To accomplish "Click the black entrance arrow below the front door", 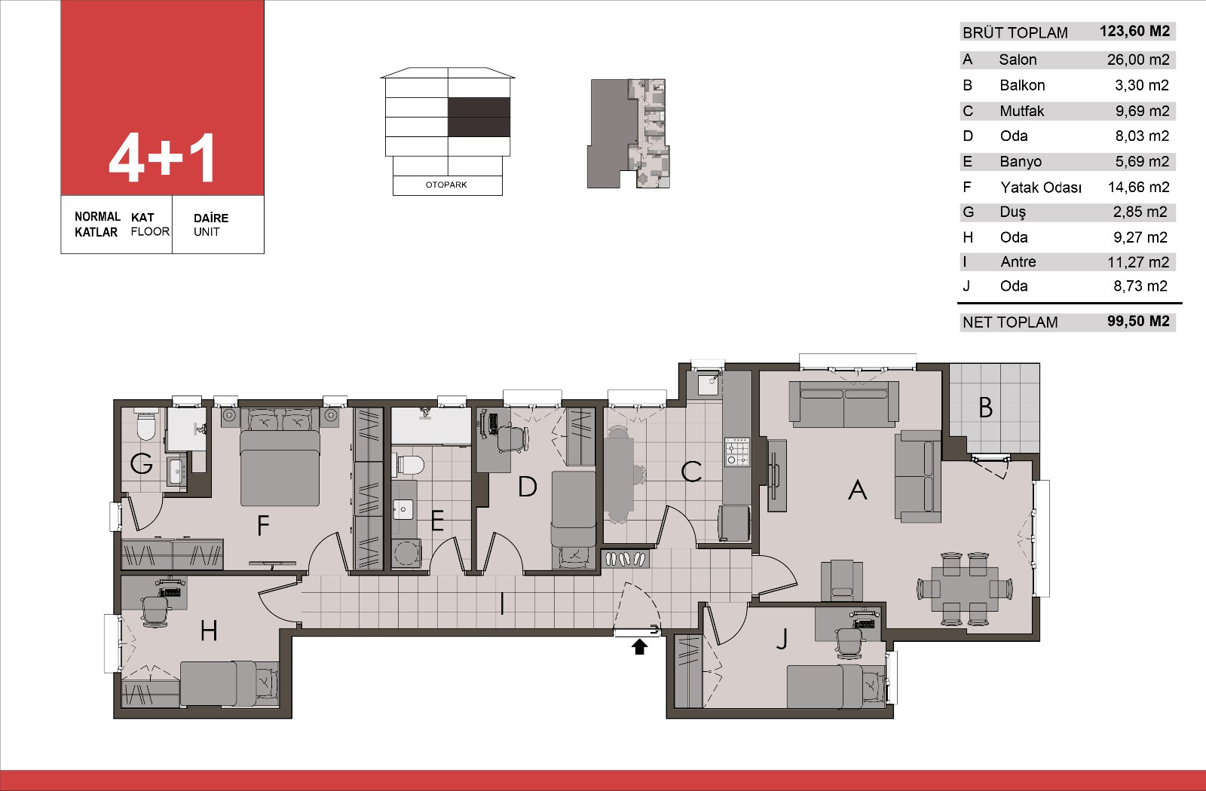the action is [x=639, y=647].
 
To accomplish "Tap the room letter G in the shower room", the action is [x=141, y=463].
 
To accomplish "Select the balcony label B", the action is [x=985, y=408].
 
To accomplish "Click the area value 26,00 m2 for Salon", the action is [x=1138, y=60].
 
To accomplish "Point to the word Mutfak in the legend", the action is [x=1021, y=111].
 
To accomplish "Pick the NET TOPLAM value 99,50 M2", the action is [x=1138, y=321].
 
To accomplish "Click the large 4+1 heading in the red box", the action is [x=161, y=157].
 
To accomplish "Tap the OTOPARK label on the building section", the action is [x=446, y=185].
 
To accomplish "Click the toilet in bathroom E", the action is [x=410, y=465].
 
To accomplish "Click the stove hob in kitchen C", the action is [x=737, y=452].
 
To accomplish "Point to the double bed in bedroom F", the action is [x=280, y=457].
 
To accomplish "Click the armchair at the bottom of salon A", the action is [x=841, y=580].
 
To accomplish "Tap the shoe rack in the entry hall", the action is [x=625, y=559].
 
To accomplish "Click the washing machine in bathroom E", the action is [x=406, y=553].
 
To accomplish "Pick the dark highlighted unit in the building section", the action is [x=479, y=117].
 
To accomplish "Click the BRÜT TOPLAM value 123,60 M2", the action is [x=1135, y=31].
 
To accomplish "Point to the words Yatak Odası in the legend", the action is [x=1041, y=188].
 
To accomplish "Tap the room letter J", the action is [x=782, y=639].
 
